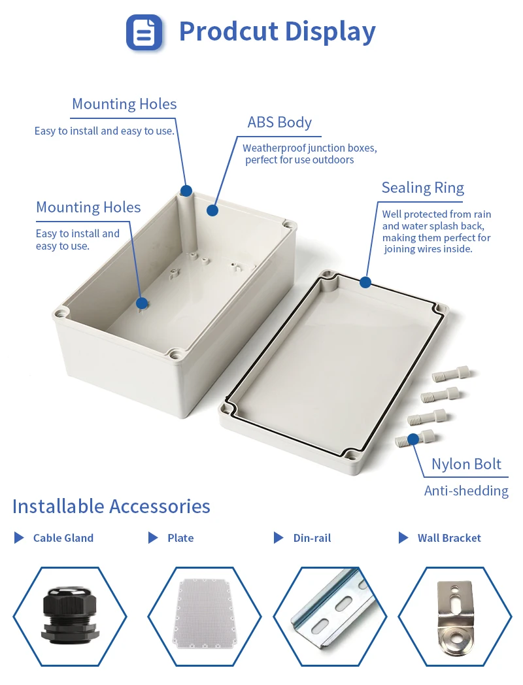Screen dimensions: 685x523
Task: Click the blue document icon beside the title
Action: (144, 32)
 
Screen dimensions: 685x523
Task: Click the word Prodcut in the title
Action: (218, 31)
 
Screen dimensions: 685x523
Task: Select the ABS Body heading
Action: (279, 122)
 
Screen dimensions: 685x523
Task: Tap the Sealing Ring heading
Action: (422, 188)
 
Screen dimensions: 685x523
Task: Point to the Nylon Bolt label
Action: (466, 464)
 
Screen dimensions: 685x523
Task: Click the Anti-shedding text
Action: (466, 491)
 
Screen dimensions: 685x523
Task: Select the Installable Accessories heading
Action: (111, 506)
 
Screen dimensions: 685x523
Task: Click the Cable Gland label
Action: (63, 538)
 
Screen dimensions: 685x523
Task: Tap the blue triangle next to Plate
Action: (153, 538)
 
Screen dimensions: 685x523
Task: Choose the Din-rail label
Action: (312, 538)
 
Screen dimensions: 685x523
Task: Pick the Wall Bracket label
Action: (449, 538)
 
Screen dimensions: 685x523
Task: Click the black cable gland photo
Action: (70, 616)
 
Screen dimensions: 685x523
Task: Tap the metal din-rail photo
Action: (329, 616)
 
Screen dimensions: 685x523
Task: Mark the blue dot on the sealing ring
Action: (365, 282)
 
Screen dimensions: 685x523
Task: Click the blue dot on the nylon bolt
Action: (413, 439)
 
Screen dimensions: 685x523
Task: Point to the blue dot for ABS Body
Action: (212, 210)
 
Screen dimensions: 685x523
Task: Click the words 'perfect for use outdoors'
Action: (299, 160)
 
